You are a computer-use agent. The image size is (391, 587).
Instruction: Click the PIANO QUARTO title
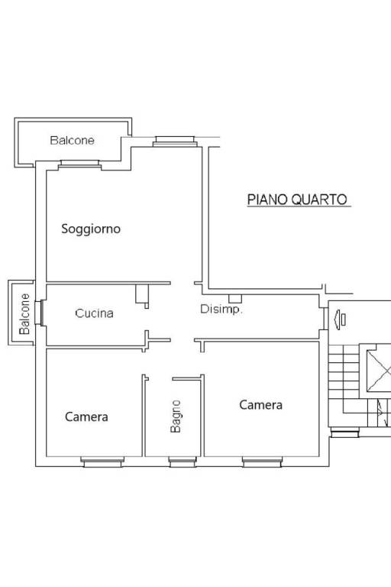click(x=298, y=199)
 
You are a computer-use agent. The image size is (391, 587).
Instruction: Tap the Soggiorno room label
click(x=91, y=229)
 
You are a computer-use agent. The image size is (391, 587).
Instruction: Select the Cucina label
click(x=94, y=313)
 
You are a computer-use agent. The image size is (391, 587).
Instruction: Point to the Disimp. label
click(x=221, y=310)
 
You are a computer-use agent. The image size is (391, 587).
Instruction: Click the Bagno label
click(x=176, y=417)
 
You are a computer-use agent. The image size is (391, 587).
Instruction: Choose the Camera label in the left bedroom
click(x=86, y=417)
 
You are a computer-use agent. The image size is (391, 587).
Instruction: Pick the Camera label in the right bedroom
click(x=260, y=404)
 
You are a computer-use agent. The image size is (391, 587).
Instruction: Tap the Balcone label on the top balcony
click(x=73, y=141)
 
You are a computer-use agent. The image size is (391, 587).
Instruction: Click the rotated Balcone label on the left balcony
click(x=24, y=313)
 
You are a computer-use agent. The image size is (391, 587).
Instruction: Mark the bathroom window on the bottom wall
click(x=183, y=462)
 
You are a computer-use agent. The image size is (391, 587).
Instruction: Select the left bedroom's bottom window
click(x=102, y=462)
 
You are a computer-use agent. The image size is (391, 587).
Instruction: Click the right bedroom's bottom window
click(x=262, y=462)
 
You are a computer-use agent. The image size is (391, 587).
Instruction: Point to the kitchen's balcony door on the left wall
click(x=40, y=313)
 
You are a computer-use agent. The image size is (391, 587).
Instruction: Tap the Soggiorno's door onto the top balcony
click(x=79, y=165)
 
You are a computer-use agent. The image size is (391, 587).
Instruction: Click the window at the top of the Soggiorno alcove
click(x=175, y=141)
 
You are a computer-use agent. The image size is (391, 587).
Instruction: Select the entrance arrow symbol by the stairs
click(x=339, y=320)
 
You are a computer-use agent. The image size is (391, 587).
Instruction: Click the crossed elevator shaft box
click(x=379, y=371)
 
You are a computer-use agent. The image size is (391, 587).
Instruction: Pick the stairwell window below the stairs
click(x=344, y=433)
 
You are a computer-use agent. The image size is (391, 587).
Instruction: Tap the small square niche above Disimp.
click(x=235, y=299)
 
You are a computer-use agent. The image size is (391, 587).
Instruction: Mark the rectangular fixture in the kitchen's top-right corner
click(x=142, y=293)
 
